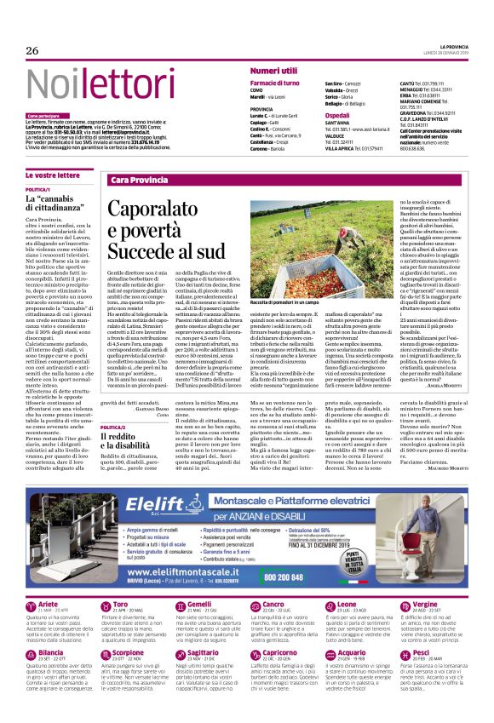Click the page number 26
coord(32,51)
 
